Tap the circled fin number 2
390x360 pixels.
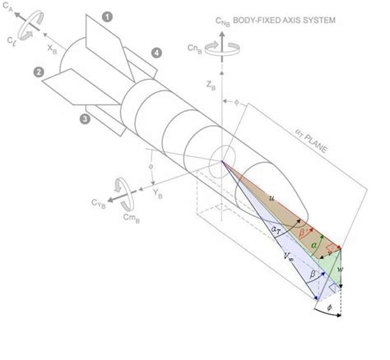point(38,72)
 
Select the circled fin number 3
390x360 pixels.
point(84,119)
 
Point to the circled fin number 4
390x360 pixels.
point(154,54)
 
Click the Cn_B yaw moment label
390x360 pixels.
point(193,47)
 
